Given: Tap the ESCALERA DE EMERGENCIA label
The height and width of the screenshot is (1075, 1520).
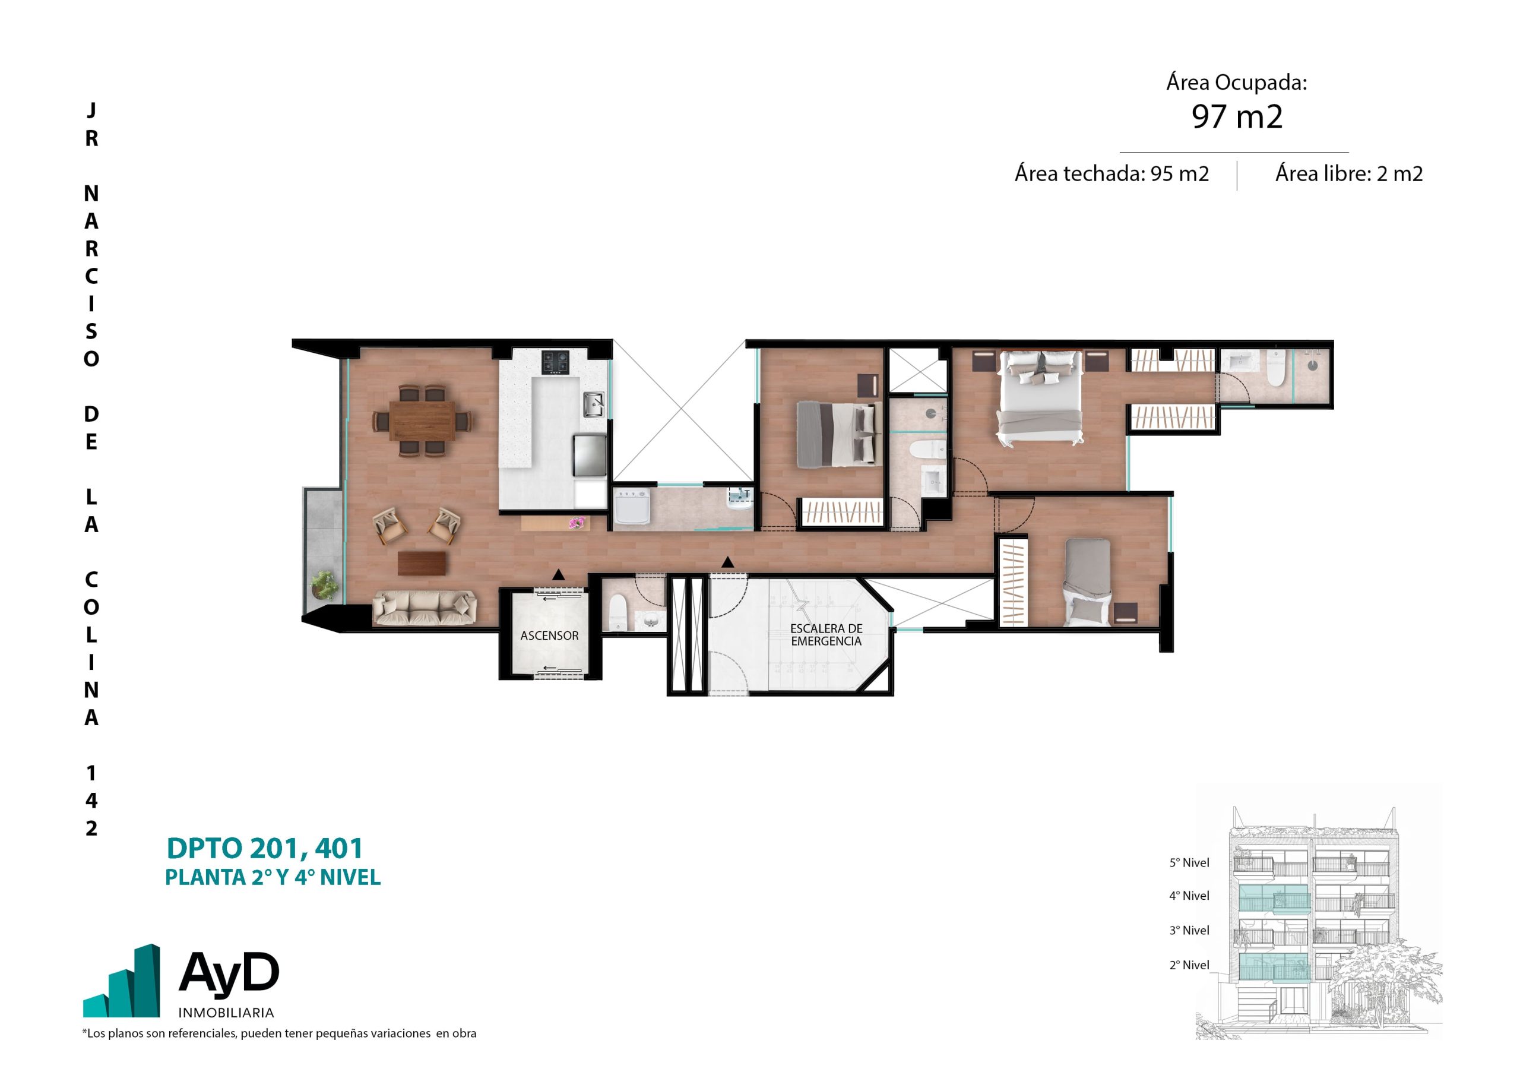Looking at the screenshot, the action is pyautogui.click(x=826, y=634).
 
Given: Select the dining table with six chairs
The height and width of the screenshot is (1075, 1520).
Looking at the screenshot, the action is pyautogui.click(x=422, y=420).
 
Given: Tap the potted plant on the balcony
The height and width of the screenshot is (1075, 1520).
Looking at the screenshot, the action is pyautogui.click(x=324, y=586).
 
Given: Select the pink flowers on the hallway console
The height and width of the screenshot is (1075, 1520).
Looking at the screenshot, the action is pyautogui.click(x=577, y=523).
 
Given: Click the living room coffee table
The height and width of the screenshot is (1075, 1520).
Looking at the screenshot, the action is pyautogui.click(x=422, y=563).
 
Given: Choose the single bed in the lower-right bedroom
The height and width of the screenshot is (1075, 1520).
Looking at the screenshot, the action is pyautogui.click(x=1088, y=582).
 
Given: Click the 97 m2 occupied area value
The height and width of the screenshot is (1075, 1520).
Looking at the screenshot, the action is pyautogui.click(x=1237, y=116).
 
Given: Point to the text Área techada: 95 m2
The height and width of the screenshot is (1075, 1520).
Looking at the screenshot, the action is pyautogui.click(x=1111, y=173).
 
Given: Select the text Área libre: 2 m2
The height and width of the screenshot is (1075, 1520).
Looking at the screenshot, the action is pyautogui.click(x=1348, y=173).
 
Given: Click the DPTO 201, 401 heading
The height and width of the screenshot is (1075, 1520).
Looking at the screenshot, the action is pyautogui.click(x=265, y=849).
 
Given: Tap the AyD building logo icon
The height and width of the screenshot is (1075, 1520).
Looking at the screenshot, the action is pyautogui.click(x=121, y=981).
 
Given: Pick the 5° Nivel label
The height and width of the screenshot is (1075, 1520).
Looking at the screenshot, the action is pyautogui.click(x=1189, y=862).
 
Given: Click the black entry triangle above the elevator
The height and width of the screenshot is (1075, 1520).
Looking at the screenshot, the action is pyautogui.click(x=559, y=575).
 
